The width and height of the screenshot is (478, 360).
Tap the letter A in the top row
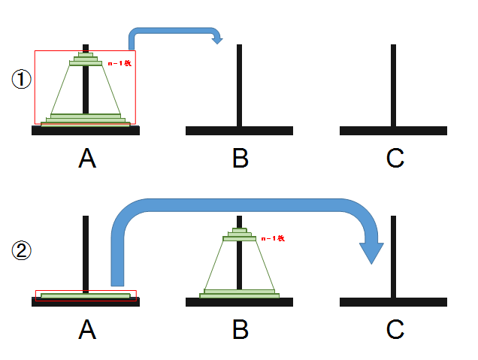87,158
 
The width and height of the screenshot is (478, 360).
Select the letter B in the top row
240,158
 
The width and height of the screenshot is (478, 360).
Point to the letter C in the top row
395,158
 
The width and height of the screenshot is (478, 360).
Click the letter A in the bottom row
87,328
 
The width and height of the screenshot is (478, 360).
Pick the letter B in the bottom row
240,328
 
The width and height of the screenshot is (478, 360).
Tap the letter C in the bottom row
395,328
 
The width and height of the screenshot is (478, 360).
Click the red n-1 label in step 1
120,64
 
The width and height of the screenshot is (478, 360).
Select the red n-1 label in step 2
272,238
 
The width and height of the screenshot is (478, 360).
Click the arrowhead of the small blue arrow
217,39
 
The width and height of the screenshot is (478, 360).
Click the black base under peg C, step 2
393,301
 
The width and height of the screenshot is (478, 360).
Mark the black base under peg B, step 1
240,131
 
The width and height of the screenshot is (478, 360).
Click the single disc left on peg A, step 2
86,296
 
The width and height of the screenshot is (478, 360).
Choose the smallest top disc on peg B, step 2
240,229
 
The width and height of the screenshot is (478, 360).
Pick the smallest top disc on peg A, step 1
86,55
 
